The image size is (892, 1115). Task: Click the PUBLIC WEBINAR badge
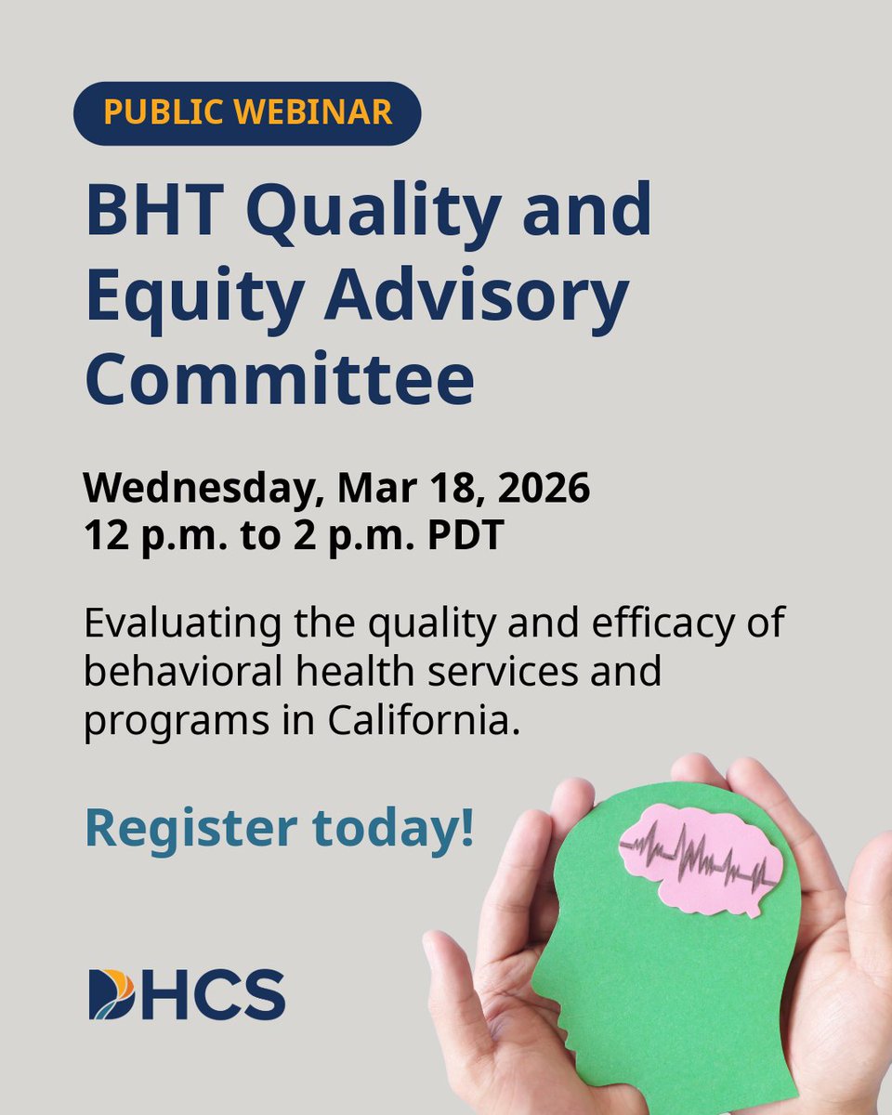pos(247,113)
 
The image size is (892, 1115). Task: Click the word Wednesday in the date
pos(203,490)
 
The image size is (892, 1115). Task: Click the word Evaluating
pos(183,624)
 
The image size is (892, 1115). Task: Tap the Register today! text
pos(279,829)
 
